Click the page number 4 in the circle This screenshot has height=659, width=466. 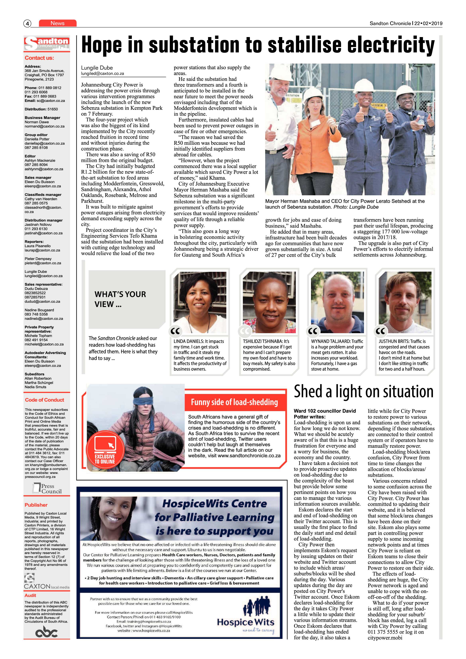point(27,24)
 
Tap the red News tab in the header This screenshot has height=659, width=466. point(58,23)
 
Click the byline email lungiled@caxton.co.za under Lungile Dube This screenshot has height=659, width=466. point(102,74)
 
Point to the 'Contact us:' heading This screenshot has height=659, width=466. point(39,58)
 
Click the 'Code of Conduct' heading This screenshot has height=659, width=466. point(44,400)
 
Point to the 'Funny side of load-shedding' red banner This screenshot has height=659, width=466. point(234,402)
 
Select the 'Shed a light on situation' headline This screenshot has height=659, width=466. point(364,392)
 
